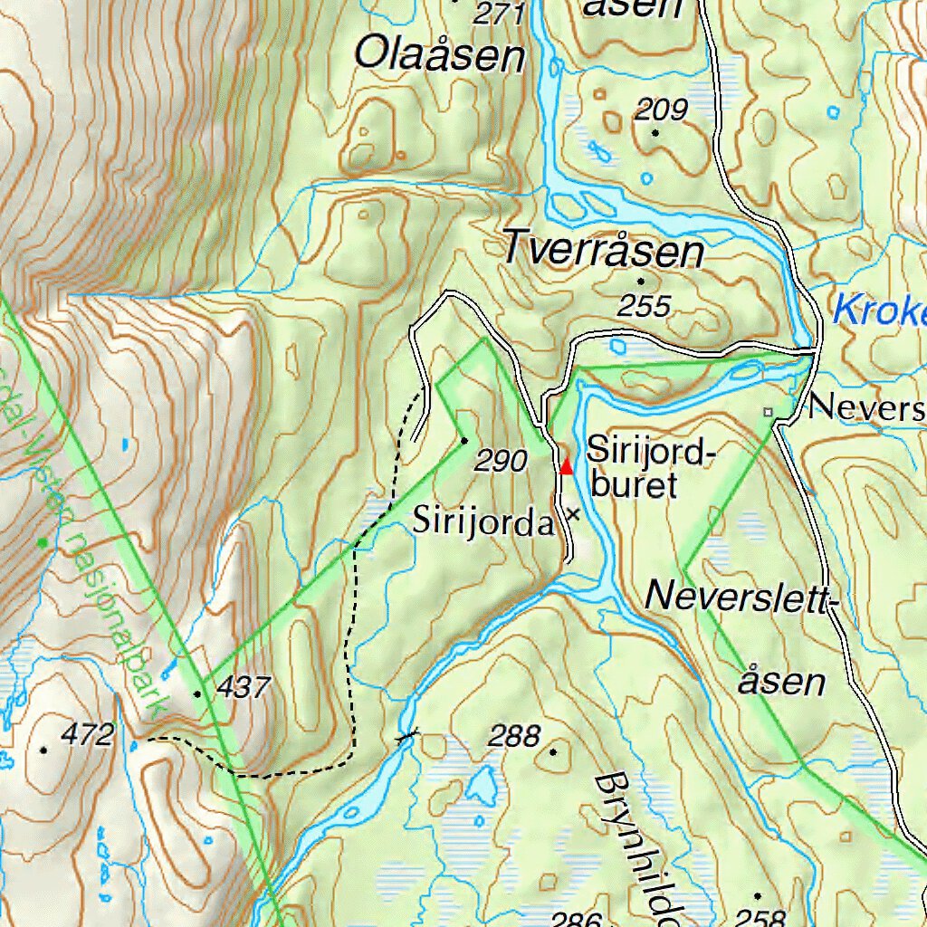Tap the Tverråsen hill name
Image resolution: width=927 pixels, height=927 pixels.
coord(603,248)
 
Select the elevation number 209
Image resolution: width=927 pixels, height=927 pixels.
coord(661,110)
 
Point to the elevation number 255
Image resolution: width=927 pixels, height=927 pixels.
coord(644,306)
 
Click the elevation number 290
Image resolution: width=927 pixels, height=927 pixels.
coord(501,462)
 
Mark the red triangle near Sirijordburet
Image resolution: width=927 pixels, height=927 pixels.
coord(567,466)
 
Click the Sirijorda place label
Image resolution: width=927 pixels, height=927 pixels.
coord(483,522)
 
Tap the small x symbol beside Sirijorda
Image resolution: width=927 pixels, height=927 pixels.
coord(572,514)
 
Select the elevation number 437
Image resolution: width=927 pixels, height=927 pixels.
coord(244,688)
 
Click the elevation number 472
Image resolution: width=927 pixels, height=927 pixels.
coord(88,735)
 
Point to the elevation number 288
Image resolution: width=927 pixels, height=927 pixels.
coord(513,736)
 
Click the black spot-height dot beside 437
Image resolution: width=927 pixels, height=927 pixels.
coord(198,693)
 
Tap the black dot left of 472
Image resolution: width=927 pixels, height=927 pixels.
coord(43,750)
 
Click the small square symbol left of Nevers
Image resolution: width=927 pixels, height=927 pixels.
coord(769,412)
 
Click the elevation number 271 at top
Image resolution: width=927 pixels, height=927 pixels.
coord(500,13)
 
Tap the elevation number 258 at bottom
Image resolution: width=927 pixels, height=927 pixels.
coord(760,916)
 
